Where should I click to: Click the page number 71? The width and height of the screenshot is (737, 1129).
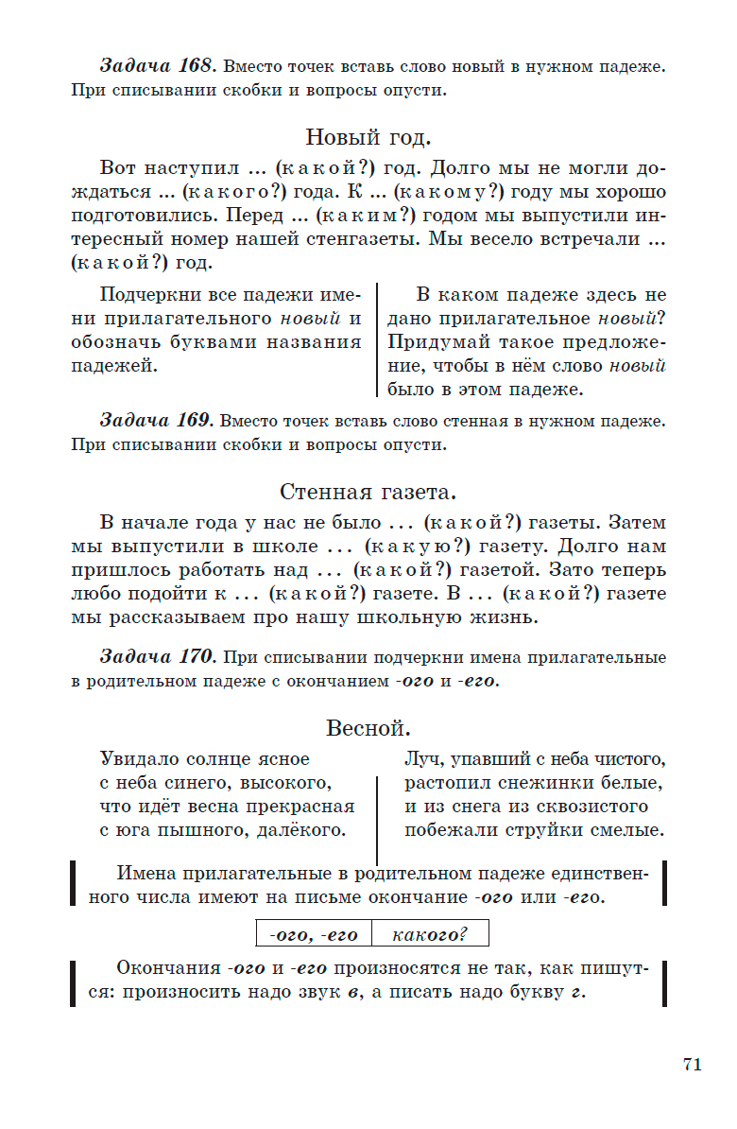pos(692,1064)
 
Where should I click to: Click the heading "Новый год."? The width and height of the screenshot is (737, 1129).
pos(368,137)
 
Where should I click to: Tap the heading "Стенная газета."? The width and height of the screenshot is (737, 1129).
pos(368,492)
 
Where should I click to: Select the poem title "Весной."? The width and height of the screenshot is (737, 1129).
pos(368,728)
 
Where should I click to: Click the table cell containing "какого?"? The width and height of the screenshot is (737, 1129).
pos(430,935)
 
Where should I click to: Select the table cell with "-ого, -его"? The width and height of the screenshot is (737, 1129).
pos(314,935)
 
